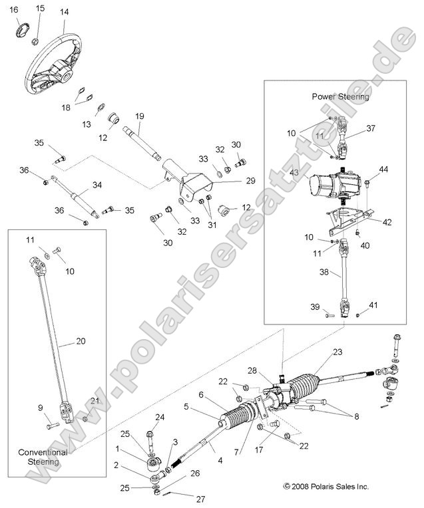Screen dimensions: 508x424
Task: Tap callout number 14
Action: [64, 13]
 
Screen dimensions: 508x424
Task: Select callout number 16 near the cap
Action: [15, 9]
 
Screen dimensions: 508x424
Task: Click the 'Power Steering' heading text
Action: [341, 96]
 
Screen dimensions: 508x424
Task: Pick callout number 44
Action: [383, 170]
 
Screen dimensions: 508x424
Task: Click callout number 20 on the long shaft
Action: [81, 342]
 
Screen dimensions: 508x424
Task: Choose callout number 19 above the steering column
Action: [139, 116]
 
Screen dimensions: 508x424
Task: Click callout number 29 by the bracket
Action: [232, 181]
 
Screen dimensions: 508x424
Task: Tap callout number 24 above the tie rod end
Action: [159, 418]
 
